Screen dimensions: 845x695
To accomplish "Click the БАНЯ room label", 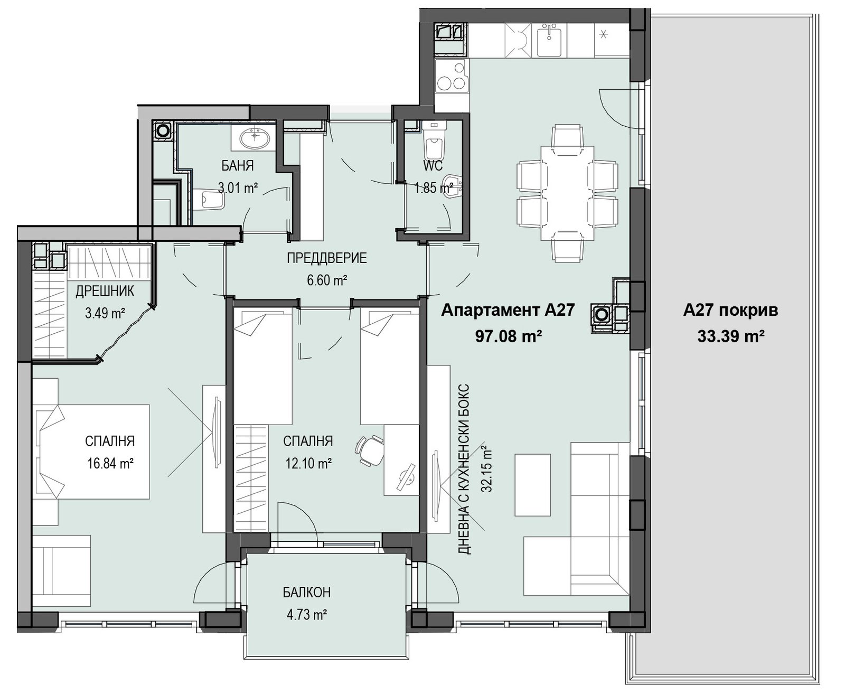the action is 238,165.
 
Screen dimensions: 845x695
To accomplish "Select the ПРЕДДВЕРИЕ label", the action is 327,258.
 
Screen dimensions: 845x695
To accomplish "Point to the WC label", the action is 433,165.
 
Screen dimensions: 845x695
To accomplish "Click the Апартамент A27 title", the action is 508,310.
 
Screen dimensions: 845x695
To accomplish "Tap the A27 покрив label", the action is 730,311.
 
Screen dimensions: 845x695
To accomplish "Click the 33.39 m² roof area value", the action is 730,336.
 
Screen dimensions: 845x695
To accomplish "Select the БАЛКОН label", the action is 307,592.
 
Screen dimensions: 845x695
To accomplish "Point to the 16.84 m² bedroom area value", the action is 110,464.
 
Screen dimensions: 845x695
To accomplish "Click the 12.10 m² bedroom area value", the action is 308,464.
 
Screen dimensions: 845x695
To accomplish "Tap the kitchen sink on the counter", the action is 552,40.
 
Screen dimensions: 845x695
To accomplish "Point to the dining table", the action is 567,193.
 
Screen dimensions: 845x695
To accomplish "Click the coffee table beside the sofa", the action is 532,485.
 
